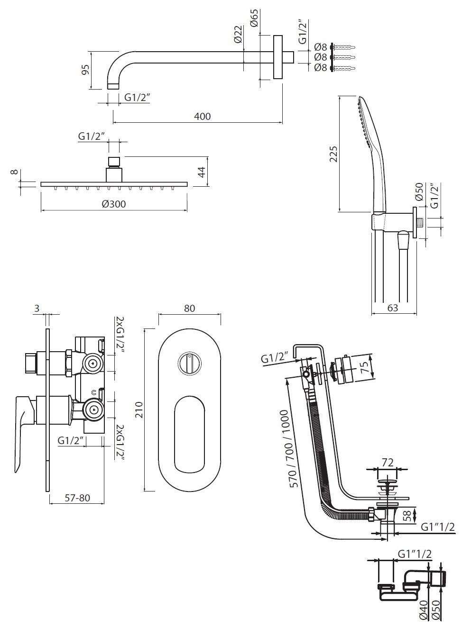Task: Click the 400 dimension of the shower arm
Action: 202,116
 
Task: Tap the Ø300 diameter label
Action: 113,204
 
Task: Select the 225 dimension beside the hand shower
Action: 333,154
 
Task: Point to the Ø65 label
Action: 255,18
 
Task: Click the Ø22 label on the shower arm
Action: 238,34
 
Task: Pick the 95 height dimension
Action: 85,70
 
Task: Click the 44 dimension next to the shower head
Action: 202,172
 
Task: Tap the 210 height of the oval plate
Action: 139,410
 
